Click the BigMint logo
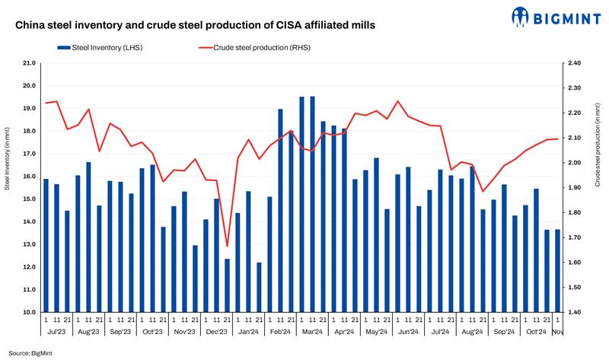[563, 16]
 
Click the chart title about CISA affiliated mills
[194, 25]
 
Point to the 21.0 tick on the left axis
[29, 63]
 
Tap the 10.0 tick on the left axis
[29, 312]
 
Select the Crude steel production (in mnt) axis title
[598, 152]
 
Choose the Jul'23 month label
[56, 332]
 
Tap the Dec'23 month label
[216, 332]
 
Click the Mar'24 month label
[312, 332]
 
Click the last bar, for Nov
[558, 271]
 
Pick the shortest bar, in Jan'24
[259, 287]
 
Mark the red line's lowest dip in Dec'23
[227, 246]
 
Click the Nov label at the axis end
[558, 332]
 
